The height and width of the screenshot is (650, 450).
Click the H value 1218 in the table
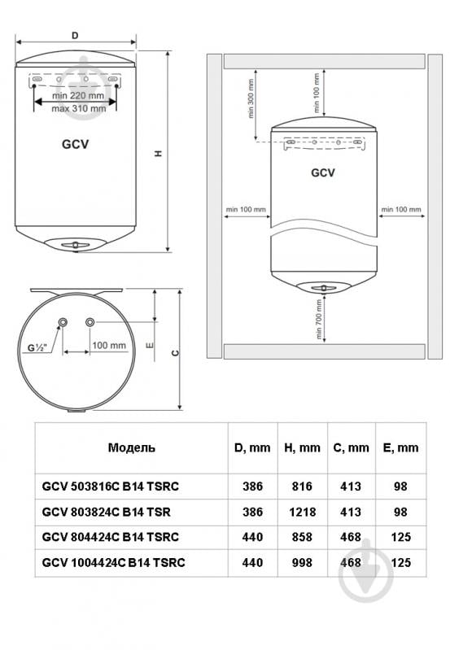coord(302,512)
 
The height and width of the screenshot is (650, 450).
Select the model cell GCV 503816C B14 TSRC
coord(111,486)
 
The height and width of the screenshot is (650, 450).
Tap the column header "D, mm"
coord(252,447)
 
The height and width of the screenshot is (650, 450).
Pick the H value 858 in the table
coord(302,537)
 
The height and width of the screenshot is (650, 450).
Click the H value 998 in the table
coord(302,562)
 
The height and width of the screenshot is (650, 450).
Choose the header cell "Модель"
coord(132,447)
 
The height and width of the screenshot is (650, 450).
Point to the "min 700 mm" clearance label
coord(318,319)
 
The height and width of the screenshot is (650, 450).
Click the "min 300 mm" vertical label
coord(250,98)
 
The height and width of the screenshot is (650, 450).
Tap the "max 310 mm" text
coord(79,109)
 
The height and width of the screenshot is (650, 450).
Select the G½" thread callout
coord(37,348)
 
